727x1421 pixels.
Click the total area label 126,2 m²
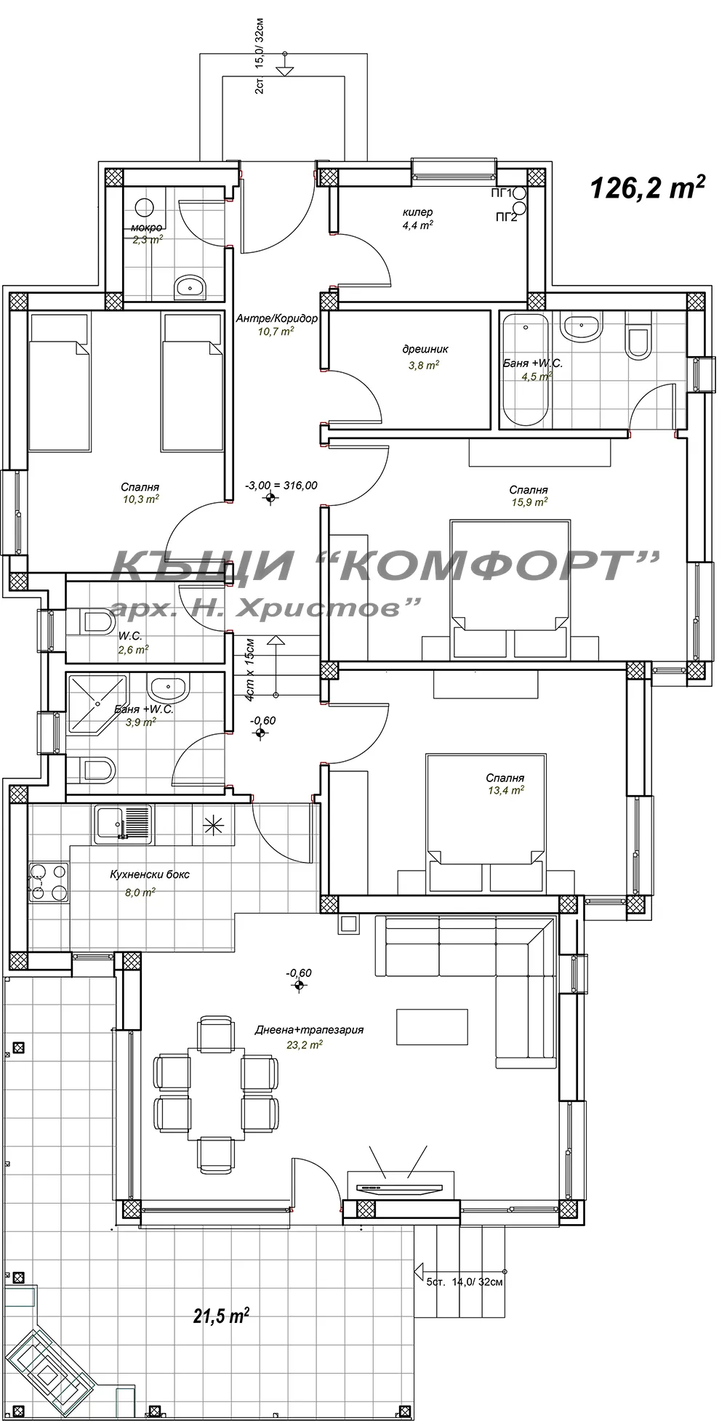[647, 188]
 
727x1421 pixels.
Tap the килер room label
[417, 212]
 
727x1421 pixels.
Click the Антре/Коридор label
[277, 318]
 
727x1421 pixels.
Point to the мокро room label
[146, 228]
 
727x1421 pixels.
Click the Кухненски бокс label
[150, 874]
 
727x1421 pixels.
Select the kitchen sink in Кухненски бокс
[121, 824]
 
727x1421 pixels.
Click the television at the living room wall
[399, 1188]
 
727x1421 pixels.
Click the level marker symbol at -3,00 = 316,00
[271, 499]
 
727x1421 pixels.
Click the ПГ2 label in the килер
[506, 217]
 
